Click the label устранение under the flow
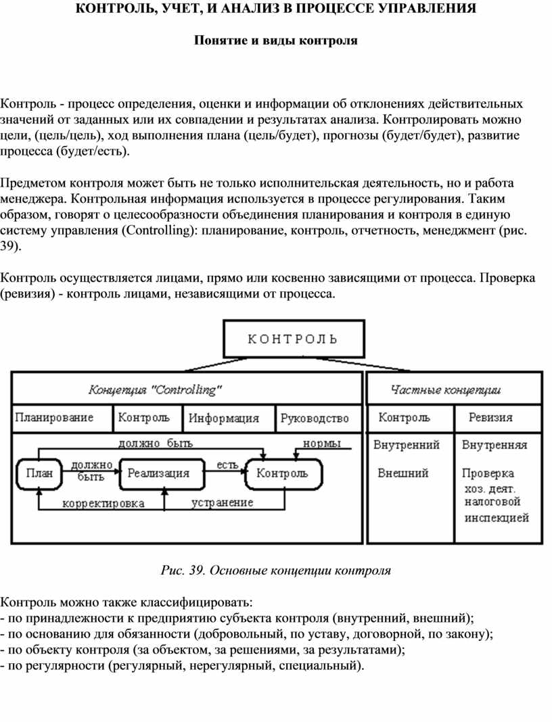tap(223, 502)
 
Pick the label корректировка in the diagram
tap(103, 503)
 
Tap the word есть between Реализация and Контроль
tap(227, 465)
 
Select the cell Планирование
tap(54, 417)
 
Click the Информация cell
tap(223, 418)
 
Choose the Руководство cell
tap(315, 418)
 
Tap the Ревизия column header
tap(491, 417)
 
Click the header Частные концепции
tap(446, 390)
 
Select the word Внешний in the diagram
tap(403, 473)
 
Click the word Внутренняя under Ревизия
tap(495, 445)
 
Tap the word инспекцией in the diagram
tap(497, 518)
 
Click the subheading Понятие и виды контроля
tap(275, 41)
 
